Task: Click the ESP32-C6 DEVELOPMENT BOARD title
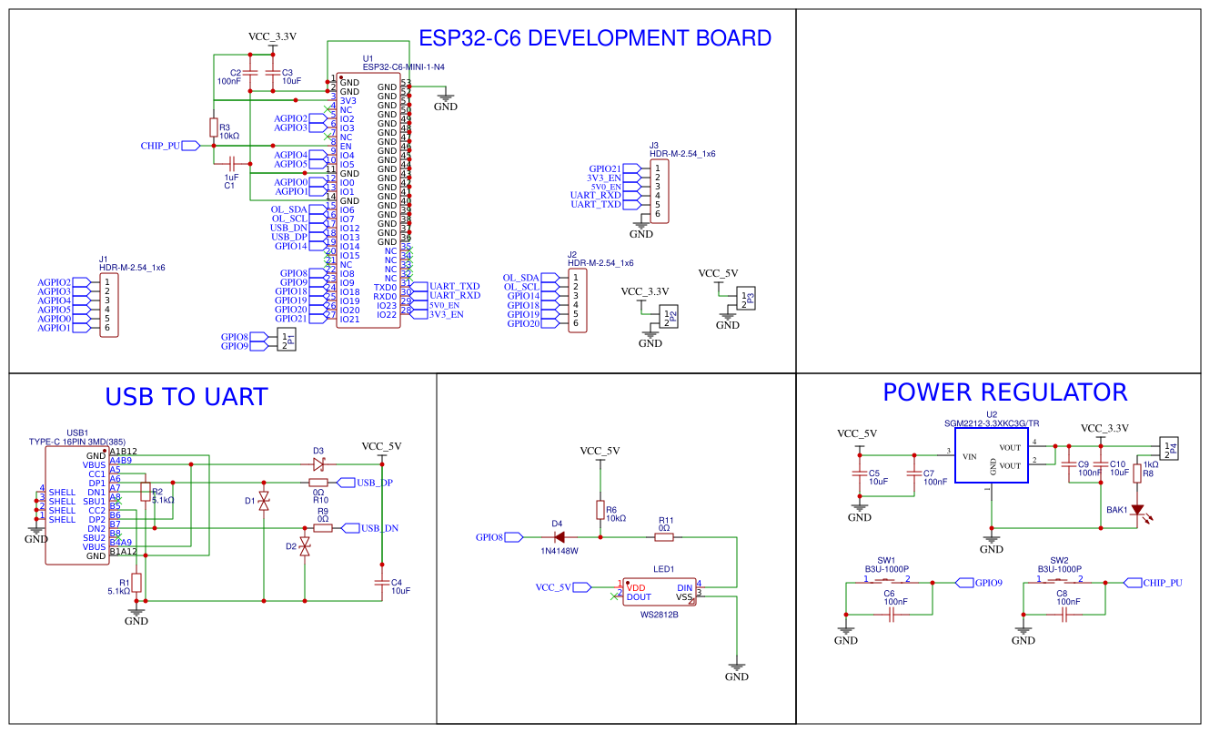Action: coord(594,38)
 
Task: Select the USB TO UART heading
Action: coord(187,397)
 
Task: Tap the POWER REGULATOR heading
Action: coord(1004,392)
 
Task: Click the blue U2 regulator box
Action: coord(991,456)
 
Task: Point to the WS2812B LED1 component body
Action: coord(659,592)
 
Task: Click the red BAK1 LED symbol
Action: coord(1136,511)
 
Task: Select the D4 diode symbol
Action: coord(559,537)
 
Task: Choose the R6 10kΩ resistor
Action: coord(600,510)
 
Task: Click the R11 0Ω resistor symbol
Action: coord(665,537)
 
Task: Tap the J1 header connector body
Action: coord(109,305)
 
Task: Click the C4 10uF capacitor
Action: coord(381,583)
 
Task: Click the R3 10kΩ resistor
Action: coord(214,127)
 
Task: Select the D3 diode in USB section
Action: coord(318,463)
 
